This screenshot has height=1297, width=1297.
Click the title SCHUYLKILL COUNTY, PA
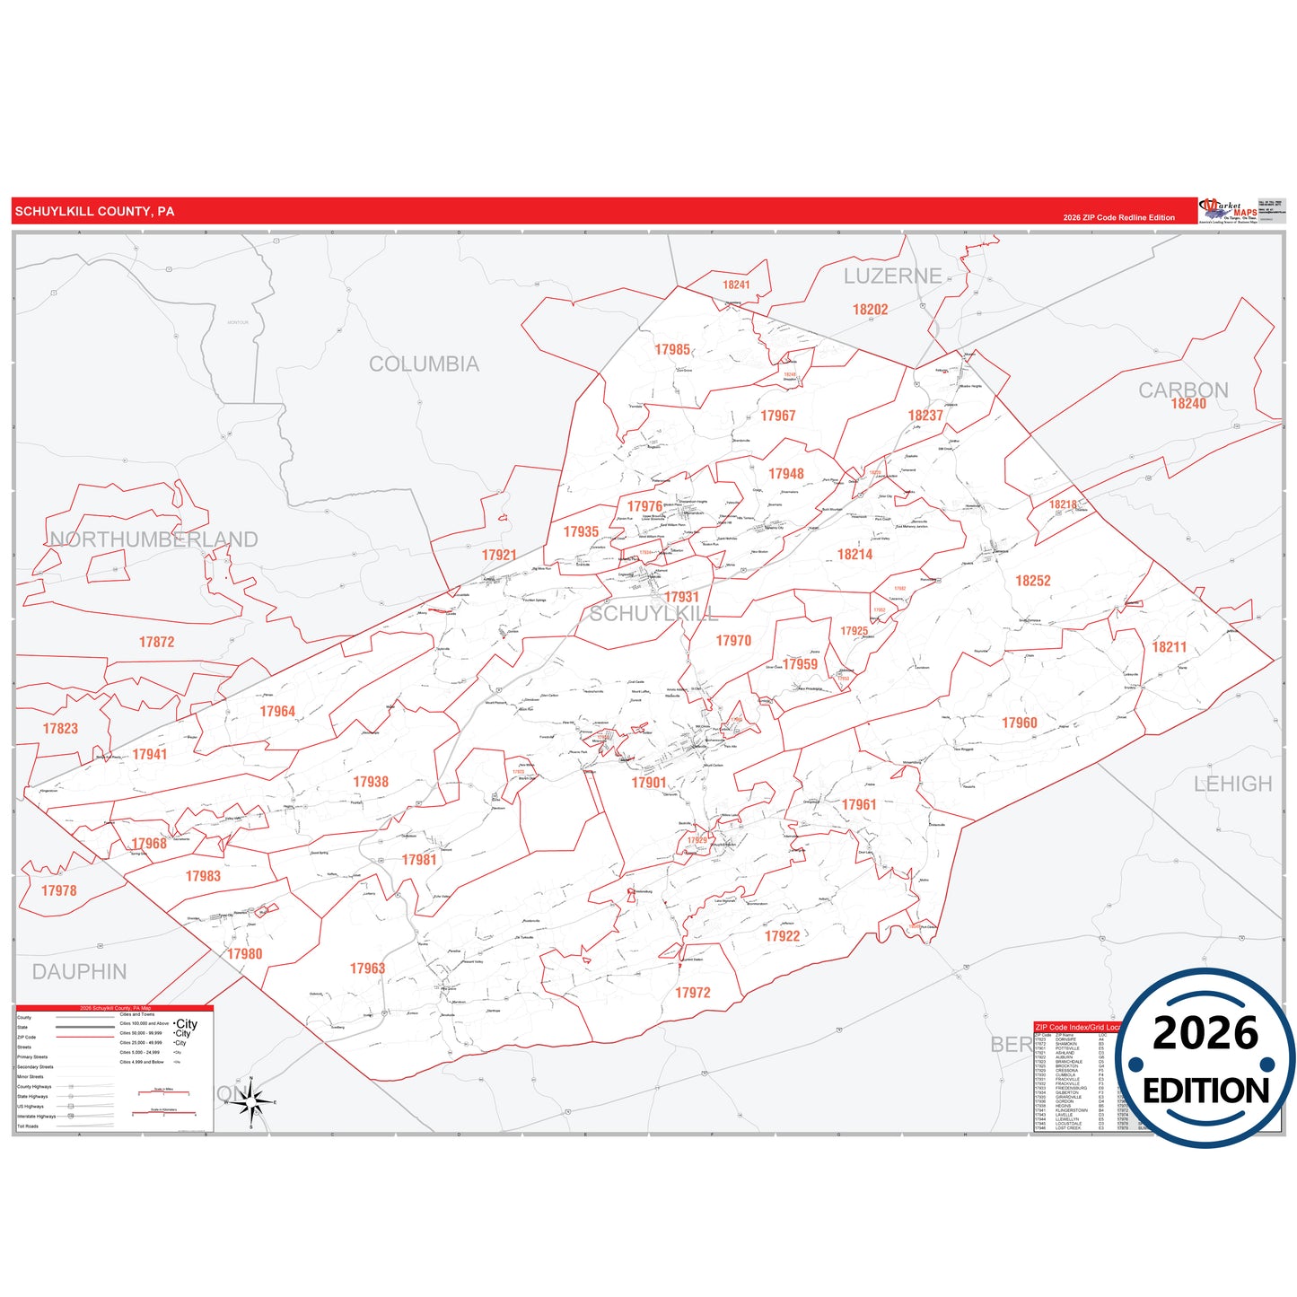[x=94, y=212]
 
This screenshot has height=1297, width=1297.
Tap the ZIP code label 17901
[x=649, y=783]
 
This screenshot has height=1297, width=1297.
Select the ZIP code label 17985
[x=672, y=350]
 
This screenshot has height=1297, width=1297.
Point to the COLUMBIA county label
[x=424, y=364]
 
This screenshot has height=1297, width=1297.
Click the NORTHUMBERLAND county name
[x=153, y=539]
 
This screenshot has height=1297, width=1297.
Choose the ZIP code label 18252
[x=1032, y=582]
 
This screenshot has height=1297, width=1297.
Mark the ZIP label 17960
[x=1019, y=723]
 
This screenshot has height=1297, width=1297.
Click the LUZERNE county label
[x=892, y=276]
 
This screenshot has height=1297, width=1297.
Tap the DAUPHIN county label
[x=79, y=972]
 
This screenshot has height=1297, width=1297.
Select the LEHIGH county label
[x=1232, y=784]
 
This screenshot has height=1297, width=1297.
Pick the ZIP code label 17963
[x=367, y=968]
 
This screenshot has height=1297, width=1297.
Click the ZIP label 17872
[x=156, y=643]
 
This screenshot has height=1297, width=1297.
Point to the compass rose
[x=252, y=1102]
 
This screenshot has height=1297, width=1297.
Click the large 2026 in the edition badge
[x=1205, y=1033]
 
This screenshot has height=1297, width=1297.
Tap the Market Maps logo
[x=1229, y=211]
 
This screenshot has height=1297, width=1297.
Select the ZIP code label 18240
[x=1188, y=404]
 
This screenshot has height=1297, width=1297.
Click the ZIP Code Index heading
[x=1076, y=1027]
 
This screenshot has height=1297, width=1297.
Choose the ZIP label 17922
[x=782, y=936]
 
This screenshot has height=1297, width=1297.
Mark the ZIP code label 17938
[x=371, y=783]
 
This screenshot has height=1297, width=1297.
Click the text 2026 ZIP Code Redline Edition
[x=1118, y=217]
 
